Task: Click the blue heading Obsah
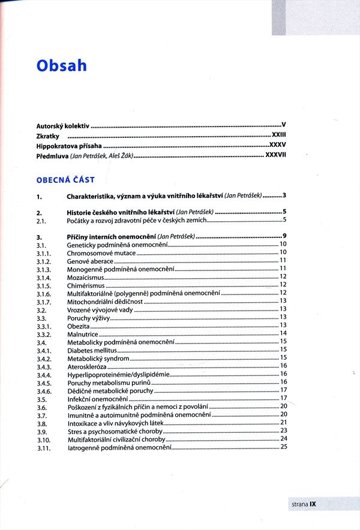[61, 65]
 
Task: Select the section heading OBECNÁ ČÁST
[65, 179]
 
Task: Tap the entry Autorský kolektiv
[62, 127]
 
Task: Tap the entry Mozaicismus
[86, 278]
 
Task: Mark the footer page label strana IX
[304, 504]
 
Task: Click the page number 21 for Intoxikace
[284, 423]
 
